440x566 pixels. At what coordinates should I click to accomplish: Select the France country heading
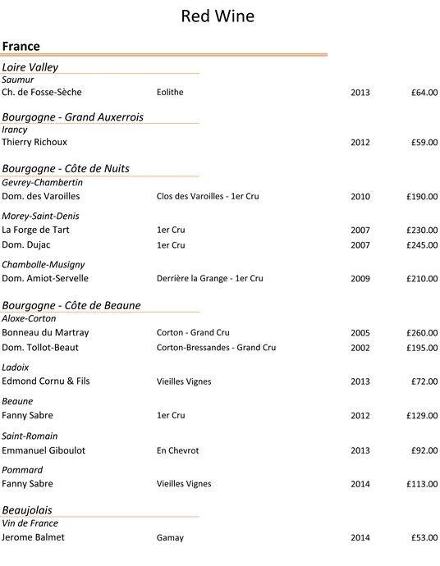point(21,47)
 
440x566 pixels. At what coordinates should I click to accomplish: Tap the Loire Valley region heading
point(30,66)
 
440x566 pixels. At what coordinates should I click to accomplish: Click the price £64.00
point(424,93)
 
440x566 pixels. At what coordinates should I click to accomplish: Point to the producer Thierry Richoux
point(34,142)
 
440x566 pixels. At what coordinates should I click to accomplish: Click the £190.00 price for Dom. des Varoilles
point(422,197)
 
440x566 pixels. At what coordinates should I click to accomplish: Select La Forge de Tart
point(35,230)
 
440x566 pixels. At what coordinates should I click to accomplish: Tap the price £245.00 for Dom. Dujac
point(422,245)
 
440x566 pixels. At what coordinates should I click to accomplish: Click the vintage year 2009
point(360,279)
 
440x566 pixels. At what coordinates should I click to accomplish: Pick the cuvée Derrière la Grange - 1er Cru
point(209,279)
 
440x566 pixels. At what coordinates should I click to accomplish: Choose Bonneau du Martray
point(45,332)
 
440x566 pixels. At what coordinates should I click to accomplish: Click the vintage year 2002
point(360,348)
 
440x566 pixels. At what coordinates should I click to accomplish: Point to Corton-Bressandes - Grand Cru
point(216,348)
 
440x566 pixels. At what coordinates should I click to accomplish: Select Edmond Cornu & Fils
point(48,381)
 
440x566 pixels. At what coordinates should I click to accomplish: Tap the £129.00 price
point(422,416)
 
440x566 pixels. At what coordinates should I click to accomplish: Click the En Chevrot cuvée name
point(177,450)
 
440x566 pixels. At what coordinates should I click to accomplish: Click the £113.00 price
point(422,484)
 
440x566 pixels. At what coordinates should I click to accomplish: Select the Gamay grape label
point(170,538)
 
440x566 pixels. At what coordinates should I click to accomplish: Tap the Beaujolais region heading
point(27,509)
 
